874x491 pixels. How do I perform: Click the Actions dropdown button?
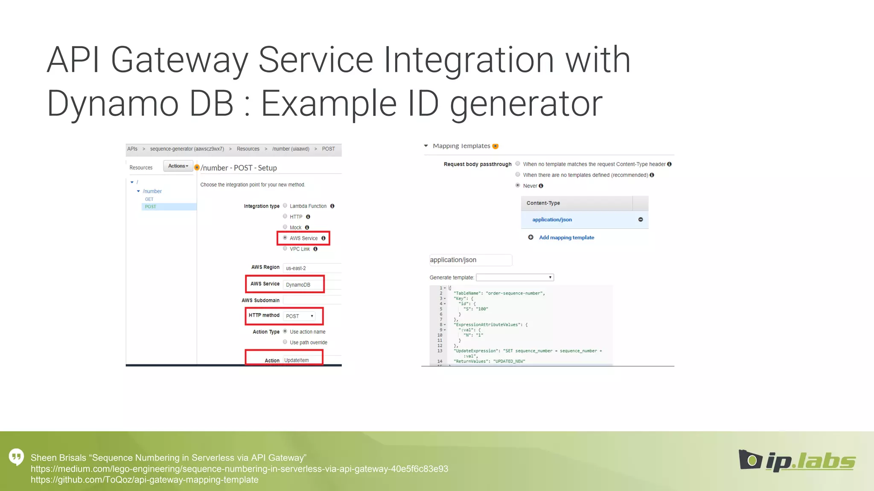point(178,166)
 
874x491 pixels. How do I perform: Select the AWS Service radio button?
point(285,238)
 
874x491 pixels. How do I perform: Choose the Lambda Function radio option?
point(285,206)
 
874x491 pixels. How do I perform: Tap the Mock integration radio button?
point(285,227)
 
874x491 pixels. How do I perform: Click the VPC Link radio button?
point(285,248)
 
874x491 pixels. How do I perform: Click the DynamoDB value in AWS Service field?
point(298,285)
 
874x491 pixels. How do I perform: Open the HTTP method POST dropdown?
point(300,316)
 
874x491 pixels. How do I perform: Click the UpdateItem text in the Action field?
point(297,360)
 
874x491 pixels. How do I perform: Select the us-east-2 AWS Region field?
point(312,268)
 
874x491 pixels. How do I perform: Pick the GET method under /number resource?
point(149,199)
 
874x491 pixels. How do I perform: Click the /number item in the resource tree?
point(152,191)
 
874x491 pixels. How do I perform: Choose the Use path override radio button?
point(285,342)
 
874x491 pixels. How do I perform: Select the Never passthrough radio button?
point(518,185)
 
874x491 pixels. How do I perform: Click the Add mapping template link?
point(566,237)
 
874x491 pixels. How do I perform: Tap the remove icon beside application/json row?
point(641,220)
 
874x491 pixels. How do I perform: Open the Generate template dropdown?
point(515,277)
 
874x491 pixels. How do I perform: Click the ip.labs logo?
point(797,460)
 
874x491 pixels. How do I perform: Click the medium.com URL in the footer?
point(239,469)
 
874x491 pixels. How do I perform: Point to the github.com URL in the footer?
point(145,480)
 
